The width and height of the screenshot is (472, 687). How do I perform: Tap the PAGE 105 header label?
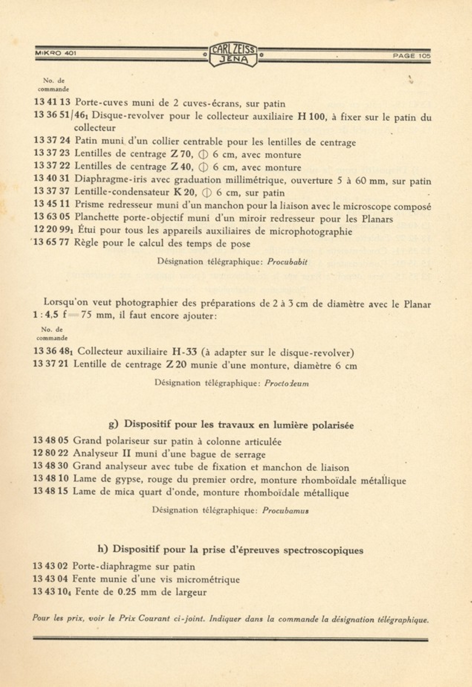(x=411, y=56)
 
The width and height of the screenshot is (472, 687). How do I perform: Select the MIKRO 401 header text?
(x=56, y=53)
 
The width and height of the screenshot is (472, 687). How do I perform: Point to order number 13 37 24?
(x=52, y=141)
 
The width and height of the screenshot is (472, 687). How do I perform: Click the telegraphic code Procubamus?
(x=285, y=511)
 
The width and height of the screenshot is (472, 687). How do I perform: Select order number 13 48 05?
(x=51, y=441)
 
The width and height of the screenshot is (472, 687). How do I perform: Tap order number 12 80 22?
(x=51, y=454)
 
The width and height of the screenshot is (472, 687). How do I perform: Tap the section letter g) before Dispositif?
(x=113, y=424)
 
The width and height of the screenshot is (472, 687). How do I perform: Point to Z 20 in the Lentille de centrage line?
(x=176, y=365)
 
